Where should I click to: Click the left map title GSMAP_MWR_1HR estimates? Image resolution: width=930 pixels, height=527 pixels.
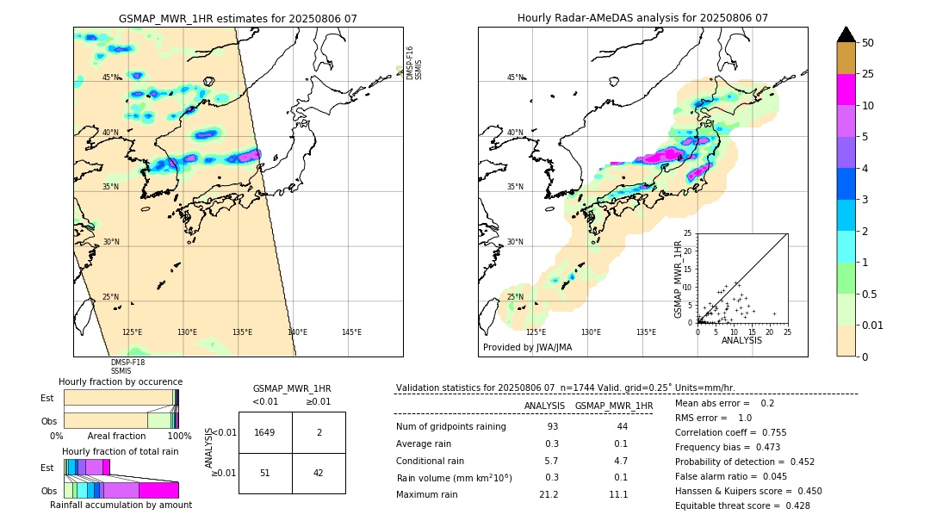click(238, 18)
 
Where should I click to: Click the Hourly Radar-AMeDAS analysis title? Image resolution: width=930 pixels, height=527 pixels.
click(642, 18)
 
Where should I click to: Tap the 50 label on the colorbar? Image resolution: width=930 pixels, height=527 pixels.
click(868, 43)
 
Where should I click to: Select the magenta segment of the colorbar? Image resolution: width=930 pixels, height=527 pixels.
click(846, 90)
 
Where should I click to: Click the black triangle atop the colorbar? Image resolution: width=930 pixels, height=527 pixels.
click(846, 34)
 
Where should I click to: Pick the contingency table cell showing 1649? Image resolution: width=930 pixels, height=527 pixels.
click(265, 432)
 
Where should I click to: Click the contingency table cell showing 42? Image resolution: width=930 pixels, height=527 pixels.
click(319, 473)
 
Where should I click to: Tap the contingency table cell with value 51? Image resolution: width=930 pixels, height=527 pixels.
click(265, 473)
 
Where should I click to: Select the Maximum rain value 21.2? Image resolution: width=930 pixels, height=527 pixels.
click(548, 494)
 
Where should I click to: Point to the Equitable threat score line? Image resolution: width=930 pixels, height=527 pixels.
click(742, 505)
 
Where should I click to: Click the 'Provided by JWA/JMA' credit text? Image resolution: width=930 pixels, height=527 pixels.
click(527, 348)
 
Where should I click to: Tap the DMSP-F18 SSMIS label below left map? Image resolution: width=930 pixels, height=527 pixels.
click(121, 367)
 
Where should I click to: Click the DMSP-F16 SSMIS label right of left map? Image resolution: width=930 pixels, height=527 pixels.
click(414, 63)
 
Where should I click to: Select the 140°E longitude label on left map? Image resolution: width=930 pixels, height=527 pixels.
click(297, 332)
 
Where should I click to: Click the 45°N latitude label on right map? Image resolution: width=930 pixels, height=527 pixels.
click(515, 77)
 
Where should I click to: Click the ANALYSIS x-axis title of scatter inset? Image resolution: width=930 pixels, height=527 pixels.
click(741, 340)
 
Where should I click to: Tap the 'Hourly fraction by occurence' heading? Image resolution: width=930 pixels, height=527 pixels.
click(121, 381)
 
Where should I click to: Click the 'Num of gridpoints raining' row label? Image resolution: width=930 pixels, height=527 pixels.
click(450, 427)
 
